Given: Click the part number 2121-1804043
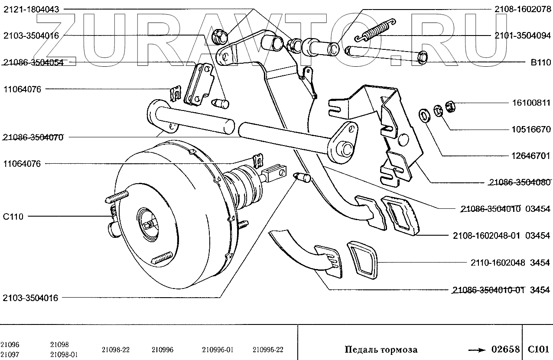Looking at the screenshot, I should pos(31,9).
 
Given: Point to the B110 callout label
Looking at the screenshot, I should pos(540,62).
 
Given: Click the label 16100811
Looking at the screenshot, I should pos(530,103).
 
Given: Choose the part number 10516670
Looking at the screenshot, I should pos(530,130).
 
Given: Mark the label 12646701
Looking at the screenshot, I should pos(530,156).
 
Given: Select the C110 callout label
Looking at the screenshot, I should pos(13,217).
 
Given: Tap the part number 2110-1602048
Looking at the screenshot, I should pos(498,263).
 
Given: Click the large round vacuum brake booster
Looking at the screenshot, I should pos(173,217).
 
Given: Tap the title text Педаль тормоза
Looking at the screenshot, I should pos(381,349).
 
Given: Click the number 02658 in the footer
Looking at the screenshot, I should pos(505,349).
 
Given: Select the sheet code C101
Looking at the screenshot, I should pos(538,349).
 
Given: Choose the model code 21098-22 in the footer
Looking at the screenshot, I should pos(116,349).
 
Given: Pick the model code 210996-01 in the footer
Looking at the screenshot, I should pos(218,349).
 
